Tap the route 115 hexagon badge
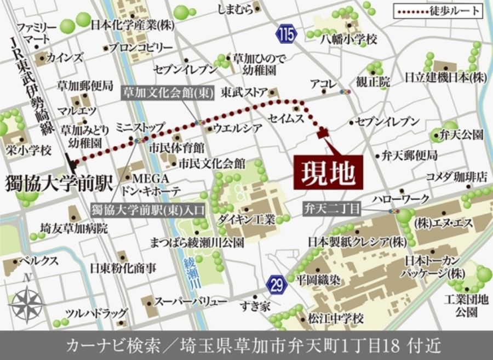coord(286,35)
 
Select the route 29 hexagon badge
coord(277,284)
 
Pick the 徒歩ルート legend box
coord(438,10)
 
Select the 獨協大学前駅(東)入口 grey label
coord(147,209)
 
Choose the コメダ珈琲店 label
coord(457,176)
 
